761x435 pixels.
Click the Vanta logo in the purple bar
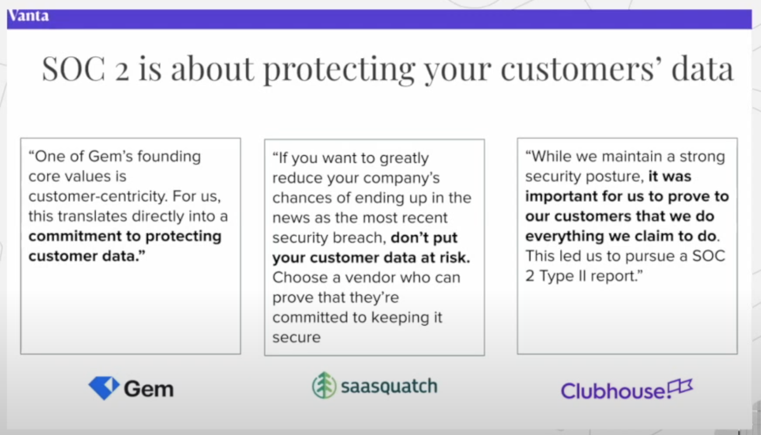(x=28, y=16)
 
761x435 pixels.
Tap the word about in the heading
(x=212, y=68)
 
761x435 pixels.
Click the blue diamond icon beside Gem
(x=104, y=388)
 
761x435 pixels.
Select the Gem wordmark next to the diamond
(x=149, y=388)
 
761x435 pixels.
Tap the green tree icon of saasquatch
(x=324, y=385)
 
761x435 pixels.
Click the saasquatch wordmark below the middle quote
(x=389, y=386)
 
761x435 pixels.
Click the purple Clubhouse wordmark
(x=613, y=390)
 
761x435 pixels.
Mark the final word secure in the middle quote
(x=296, y=338)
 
